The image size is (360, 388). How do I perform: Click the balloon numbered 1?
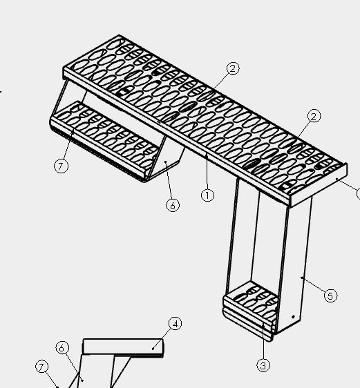pyautogui.click(x=207, y=195)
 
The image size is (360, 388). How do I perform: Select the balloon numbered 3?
pyautogui.click(x=263, y=365)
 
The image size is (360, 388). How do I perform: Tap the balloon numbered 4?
pyautogui.click(x=175, y=324)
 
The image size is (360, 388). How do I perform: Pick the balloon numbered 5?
pyautogui.click(x=330, y=295)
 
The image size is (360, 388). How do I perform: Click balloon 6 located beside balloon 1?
pyautogui.click(x=173, y=205)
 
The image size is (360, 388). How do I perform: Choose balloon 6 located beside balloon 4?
pyautogui.click(x=62, y=348)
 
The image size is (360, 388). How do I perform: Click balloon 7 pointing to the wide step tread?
pyautogui.click(x=61, y=166)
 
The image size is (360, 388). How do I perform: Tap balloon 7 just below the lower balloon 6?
pyautogui.click(x=42, y=367)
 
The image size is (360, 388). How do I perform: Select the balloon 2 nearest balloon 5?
pyautogui.click(x=314, y=116)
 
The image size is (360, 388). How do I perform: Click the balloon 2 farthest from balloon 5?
pyautogui.click(x=233, y=68)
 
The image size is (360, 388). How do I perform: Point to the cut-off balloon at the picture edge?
pyautogui.click(x=358, y=193)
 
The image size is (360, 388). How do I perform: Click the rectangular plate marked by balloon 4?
pyautogui.click(x=123, y=347)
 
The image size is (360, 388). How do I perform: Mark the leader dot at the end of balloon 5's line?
pyautogui.click(x=302, y=278)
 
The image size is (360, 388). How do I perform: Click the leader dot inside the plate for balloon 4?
pyautogui.click(x=153, y=349)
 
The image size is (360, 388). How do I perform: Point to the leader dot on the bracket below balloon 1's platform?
pyautogui.click(x=166, y=162)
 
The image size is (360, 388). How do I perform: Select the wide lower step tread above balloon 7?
pyautogui.click(x=104, y=140)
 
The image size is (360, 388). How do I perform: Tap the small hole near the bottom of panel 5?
pyautogui.click(x=294, y=317)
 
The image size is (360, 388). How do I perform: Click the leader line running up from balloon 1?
pyautogui.click(x=207, y=171)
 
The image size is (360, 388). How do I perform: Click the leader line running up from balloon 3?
pyautogui.click(x=263, y=341)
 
